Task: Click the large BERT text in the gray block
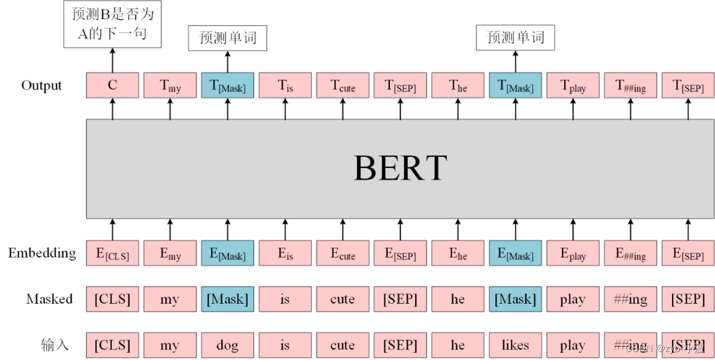point(401,168)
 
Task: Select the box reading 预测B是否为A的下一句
point(112,24)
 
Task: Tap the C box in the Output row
point(112,85)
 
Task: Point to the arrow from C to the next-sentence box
point(112,60)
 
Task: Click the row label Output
point(42,85)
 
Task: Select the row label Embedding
point(42,253)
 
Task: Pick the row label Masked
point(50,299)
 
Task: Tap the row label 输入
point(54,345)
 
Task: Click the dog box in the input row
point(227,345)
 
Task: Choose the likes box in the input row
point(515,345)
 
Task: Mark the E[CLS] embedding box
point(112,253)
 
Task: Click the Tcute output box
point(342,85)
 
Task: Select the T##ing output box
point(630,85)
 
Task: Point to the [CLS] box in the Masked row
point(112,299)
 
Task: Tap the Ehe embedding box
point(457,253)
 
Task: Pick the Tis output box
point(285,85)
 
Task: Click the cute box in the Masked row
point(342,299)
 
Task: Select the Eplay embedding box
point(573,253)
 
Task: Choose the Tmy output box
point(169,85)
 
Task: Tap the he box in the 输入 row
point(457,345)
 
